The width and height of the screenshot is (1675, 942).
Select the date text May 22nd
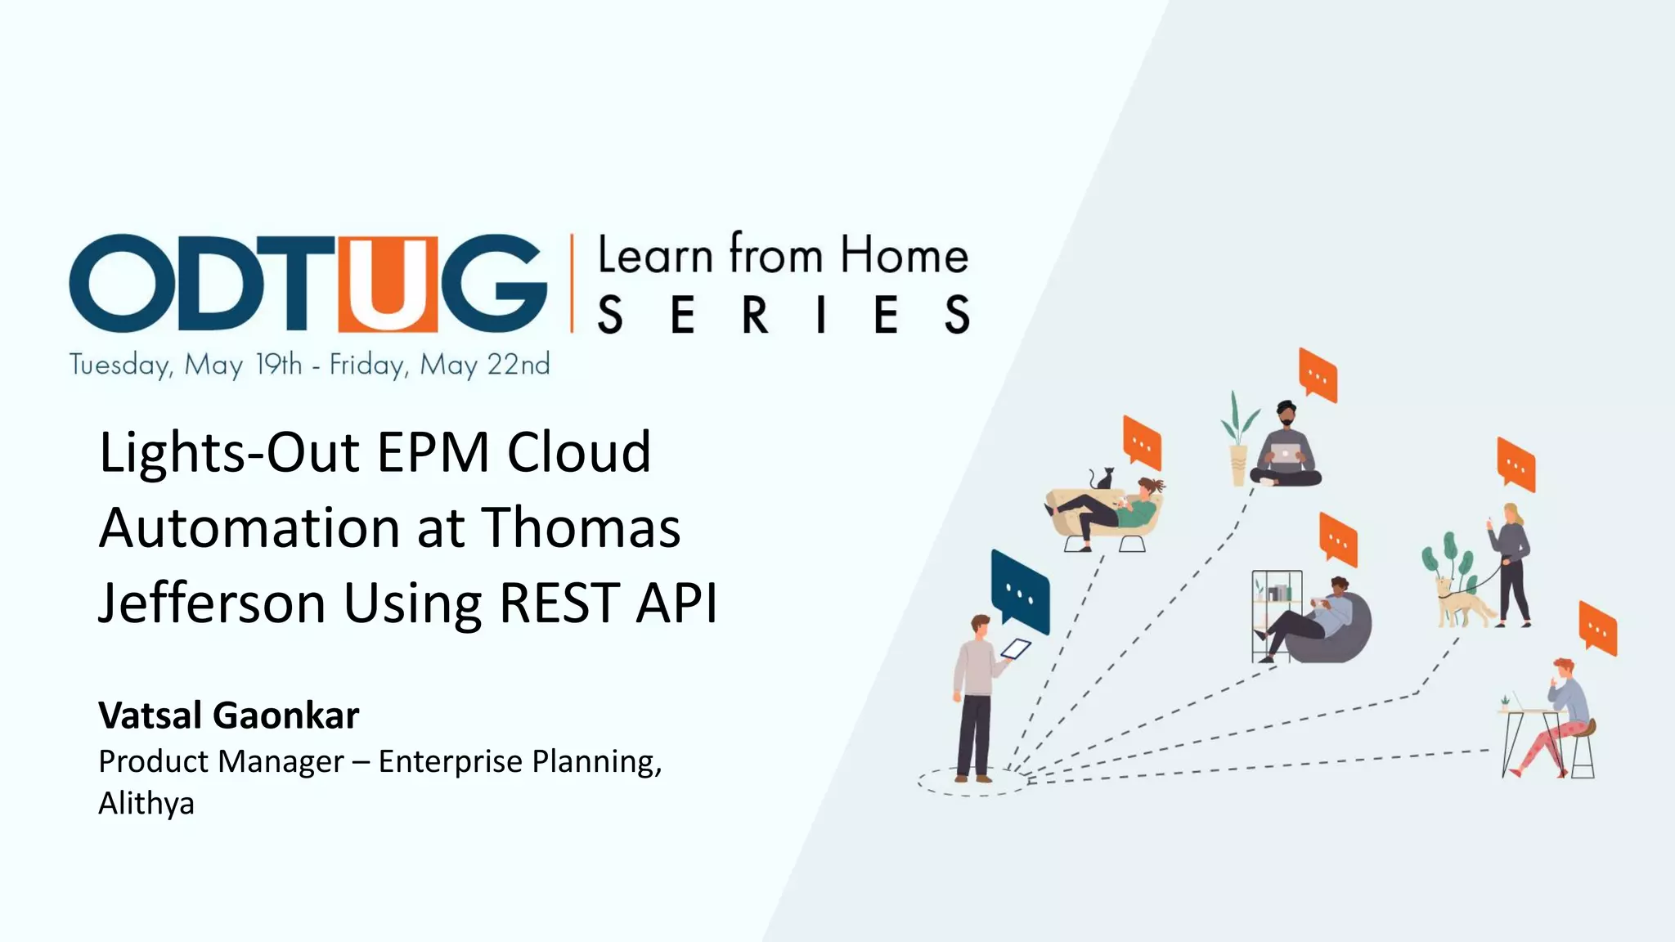tap(485, 365)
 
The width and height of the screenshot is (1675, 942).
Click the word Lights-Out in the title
tap(229, 452)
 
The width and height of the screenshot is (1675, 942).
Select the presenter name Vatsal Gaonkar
tap(228, 715)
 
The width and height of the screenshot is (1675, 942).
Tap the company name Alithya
tap(146, 804)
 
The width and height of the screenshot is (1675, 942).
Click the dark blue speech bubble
tap(1019, 592)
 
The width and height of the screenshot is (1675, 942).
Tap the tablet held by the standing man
tap(1016, 649)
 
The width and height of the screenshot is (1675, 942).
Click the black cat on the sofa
tap(1102, 479)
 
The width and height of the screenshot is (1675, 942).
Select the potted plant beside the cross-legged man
tap(1238, 442)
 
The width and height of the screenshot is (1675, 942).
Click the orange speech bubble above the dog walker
tap(1516, 464)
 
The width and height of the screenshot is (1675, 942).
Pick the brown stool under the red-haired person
tap(1583, 748)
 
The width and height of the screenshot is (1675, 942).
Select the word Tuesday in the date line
tap(120, 365)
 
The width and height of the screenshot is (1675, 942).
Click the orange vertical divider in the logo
tap(572, 283)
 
